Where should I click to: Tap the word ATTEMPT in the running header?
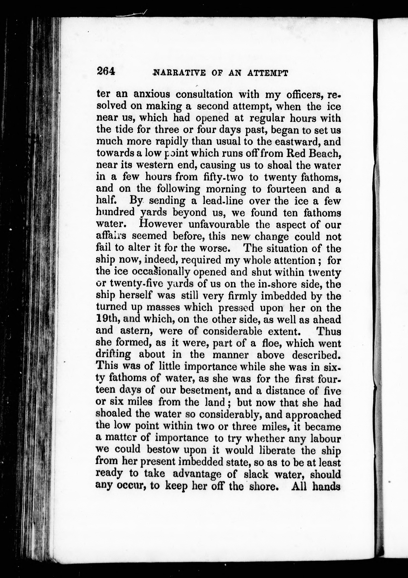coord(267,73)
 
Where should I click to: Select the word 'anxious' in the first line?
coord(152,94)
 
